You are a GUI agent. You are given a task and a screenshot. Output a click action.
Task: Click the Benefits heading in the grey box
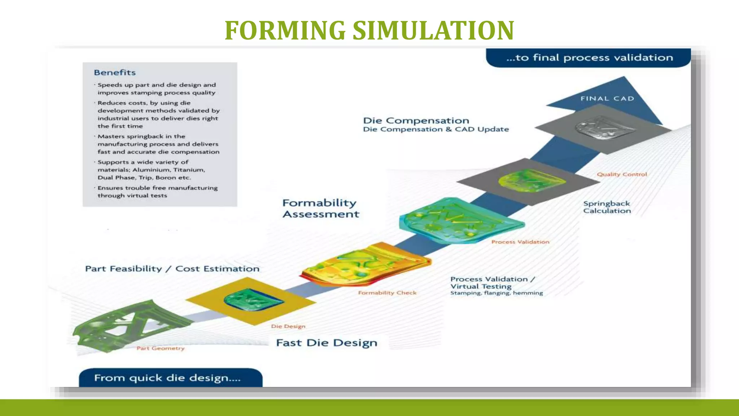coord(115,73)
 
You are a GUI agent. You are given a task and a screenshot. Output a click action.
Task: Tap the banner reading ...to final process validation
coord(589,58)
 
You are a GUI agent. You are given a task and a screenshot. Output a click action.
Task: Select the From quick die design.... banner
coord(168,378)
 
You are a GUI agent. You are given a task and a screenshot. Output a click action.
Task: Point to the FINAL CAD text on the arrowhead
coord(607,99)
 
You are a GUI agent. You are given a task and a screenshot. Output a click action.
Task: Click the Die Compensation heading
coord(416,121)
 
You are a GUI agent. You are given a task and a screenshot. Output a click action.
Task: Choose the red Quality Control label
coord(621,174)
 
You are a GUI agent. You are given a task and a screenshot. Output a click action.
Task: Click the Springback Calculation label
coord(607,207)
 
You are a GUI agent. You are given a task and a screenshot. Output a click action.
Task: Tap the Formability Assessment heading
coord(320,208)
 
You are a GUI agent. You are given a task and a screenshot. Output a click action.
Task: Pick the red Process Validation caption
coord(520,242)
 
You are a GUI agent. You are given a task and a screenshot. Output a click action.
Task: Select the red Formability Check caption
coord(387,293)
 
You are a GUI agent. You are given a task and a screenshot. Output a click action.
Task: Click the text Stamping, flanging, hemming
coord(496,293)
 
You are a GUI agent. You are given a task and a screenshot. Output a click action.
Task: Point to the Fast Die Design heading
coord(326,343)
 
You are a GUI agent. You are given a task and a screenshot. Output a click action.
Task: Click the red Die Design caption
coord(288,326)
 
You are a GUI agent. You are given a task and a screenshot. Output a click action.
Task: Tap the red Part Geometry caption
coord(160,348)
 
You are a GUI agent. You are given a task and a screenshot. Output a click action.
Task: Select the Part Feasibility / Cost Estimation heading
coord(172,269)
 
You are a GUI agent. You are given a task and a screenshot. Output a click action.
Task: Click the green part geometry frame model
coord(126,325)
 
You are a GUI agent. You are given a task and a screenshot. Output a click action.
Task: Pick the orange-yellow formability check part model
coord(364,265)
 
